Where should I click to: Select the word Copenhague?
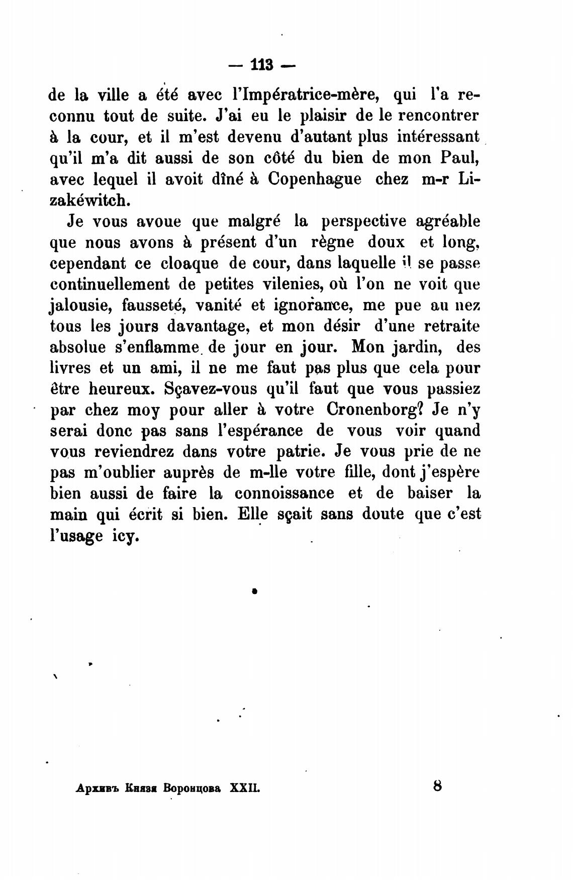(315, 179)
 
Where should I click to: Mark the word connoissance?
(284, 494)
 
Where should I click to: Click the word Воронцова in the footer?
(192, 788)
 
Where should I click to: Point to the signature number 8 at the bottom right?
(437, 786)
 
